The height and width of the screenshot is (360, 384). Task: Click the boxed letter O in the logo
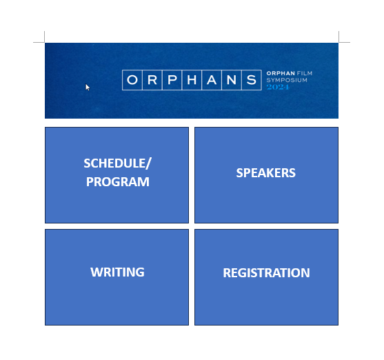click(x=132, y=80)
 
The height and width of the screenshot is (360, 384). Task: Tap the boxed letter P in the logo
click(x=172, y=80)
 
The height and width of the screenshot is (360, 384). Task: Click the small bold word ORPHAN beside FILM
click(x=280, y=73)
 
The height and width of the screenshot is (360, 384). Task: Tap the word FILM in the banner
click(x=305, y=73)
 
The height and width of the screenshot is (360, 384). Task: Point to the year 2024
click(x=278, y=87)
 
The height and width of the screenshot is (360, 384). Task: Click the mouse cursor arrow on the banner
click(x=87, y=86)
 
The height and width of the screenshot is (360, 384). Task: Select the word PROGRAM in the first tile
click(x=117, y=182)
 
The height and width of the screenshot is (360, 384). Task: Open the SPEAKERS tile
click(x=266, y=174)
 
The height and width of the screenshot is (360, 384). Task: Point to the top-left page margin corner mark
click(x=45, y=42)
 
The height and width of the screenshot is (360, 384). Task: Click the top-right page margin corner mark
click(x=338, y=42)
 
